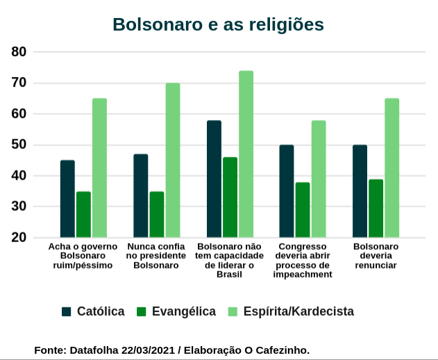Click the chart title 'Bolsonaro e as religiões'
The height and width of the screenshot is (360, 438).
(218, 24)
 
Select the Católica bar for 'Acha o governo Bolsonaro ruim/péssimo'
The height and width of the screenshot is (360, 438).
(67, 199)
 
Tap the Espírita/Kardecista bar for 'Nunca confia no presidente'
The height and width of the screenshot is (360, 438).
(173, 160)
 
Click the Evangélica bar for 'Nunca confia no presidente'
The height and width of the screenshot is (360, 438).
(157, 214)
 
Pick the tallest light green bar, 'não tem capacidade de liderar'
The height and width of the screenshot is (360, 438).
(246, 154)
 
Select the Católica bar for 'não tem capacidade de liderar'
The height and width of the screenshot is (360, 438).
(214, 179)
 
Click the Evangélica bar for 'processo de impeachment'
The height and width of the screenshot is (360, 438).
(303, 210)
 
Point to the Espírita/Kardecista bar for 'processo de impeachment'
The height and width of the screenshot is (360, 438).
(319, 179)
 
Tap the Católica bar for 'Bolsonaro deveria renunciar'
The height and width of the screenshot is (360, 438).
(360, 191)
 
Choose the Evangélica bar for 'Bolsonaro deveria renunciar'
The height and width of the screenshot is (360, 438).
(376, 208)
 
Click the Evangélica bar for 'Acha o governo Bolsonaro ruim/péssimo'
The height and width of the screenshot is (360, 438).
(83, 214)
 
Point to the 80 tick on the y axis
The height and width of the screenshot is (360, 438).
(19, 52)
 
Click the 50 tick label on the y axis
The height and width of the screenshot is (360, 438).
(19, 145)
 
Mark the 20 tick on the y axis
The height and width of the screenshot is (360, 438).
(19, 238)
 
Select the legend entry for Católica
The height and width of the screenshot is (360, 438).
(93, 311)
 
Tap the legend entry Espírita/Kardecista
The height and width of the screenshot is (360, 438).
(291, 311)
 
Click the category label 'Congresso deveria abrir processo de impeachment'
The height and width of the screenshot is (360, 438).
(303, 260)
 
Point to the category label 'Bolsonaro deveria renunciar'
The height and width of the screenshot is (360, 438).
(376, 256)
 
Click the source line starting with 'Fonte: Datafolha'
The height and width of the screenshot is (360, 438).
(171, 350)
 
